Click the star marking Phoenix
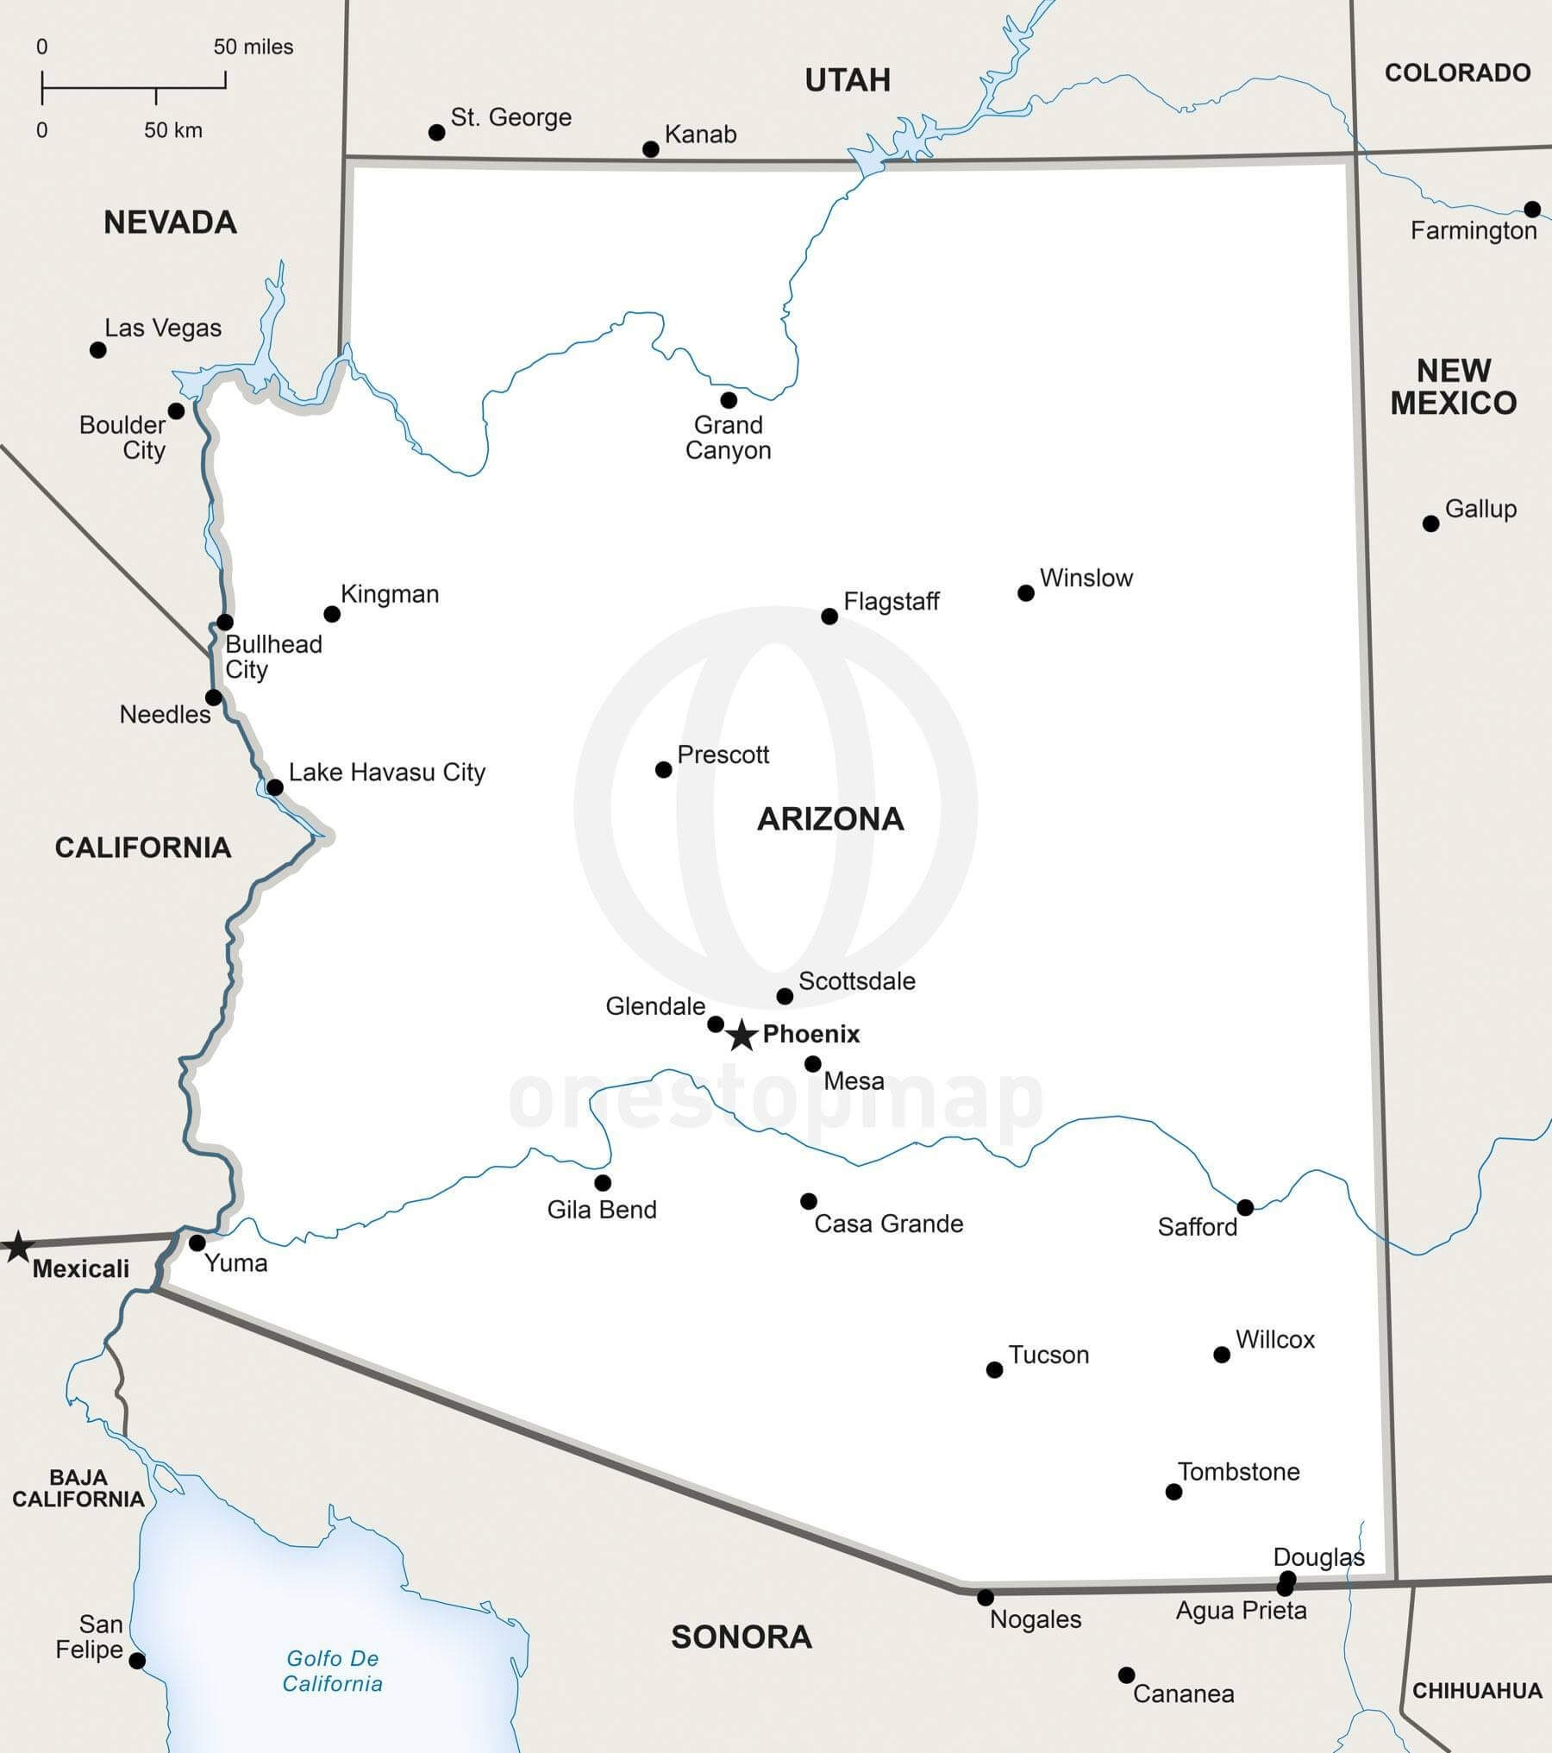[742, 1035]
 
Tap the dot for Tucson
[994, 1369]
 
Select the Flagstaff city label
[891, 601]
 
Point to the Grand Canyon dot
[729, 400]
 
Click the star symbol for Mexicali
[17, 1247]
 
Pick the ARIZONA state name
[830, 818]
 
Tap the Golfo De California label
[333, 1670]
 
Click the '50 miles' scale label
[253, 47]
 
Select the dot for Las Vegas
[98, 350]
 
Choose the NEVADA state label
[170, 222]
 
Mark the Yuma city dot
[197, 1243]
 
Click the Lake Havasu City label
[386, 772]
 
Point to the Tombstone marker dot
[1173, 1492]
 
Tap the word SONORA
[742, 1637]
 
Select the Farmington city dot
[1532, 210]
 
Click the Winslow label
[1086, 578]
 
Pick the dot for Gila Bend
[603, 1183]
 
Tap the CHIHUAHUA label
[1477, 1690]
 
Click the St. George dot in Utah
[437, 133]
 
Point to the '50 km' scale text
[173, 130]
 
